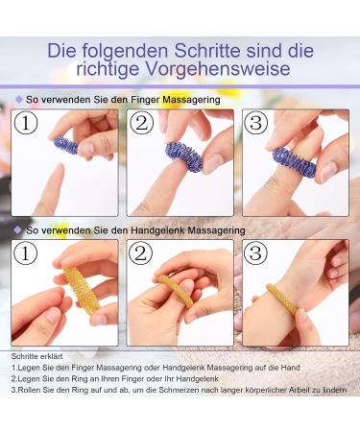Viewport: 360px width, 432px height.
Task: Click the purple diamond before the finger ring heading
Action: pos(18,99)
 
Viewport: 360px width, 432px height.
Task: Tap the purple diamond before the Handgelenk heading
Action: pos(18,230)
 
